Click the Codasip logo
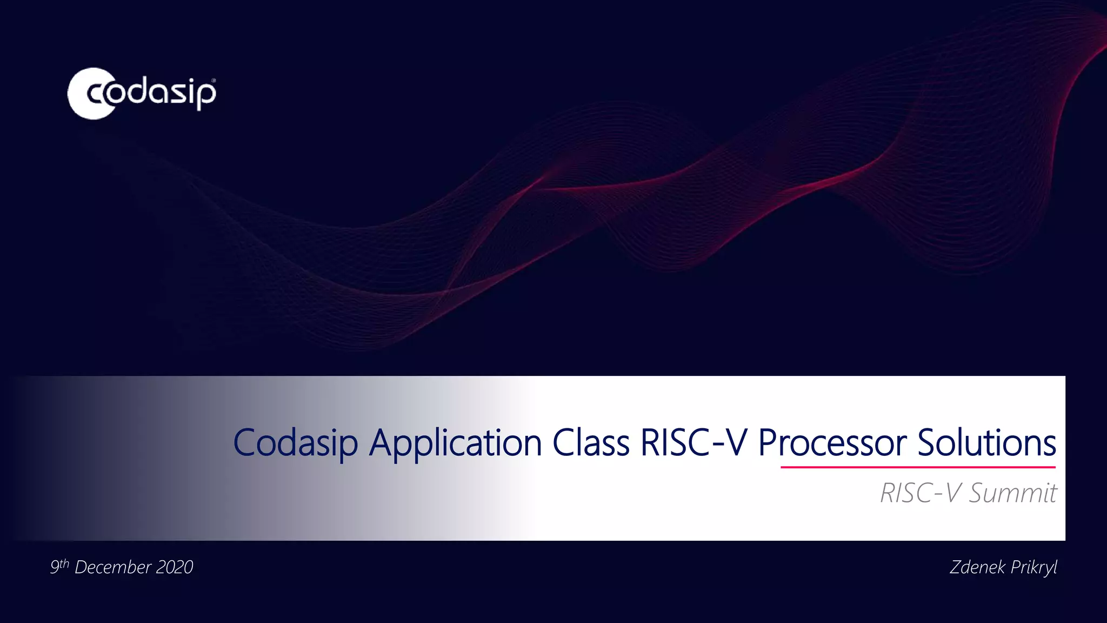point(142,93)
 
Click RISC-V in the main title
point(693,443)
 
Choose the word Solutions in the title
point(986,442)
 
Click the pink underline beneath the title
point(918,467)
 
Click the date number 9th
point(59,566)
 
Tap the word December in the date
point(112,567)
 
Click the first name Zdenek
point(977,567)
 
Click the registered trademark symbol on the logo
point(214,81)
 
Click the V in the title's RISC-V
point(736,443)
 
